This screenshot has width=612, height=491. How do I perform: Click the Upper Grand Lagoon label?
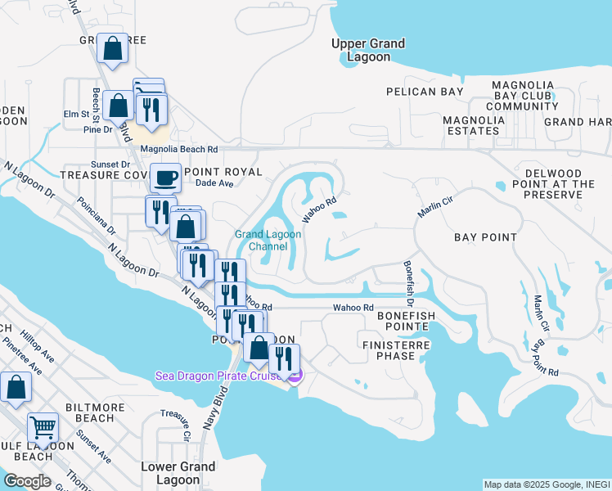tap(368, 51)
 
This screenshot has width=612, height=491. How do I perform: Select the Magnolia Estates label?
tap(474, 125)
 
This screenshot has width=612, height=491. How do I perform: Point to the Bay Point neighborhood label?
tap(486, 237)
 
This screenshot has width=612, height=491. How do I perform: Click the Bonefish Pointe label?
tap(407, 321)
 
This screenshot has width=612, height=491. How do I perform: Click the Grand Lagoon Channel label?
tap(268, 240)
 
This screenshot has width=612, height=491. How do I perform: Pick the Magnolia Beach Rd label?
tap(179, 150)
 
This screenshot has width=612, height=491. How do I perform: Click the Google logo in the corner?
tap(27, 480)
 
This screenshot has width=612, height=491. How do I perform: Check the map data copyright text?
tap(546, 484)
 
